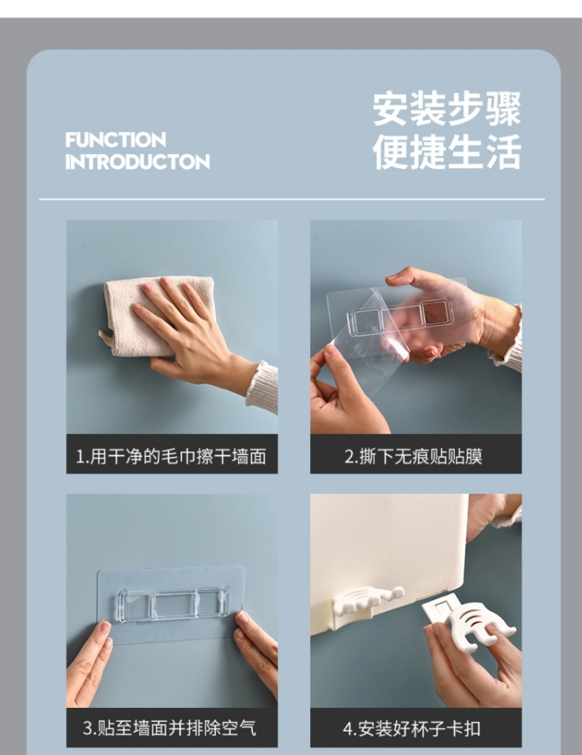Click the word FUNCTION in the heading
click(x=115, y=139)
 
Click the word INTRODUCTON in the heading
click(x=138, y=162)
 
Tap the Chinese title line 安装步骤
click(x=447, y=109)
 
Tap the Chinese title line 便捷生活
click(x=447, y=152)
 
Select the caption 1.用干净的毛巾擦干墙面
click(x=171, y=456)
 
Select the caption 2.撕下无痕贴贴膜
click(x=413, y=456)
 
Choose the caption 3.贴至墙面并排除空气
click(x=170, y=728)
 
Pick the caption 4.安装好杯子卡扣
click(x=412, y=728)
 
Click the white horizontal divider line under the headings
click(x=292, y=200)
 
